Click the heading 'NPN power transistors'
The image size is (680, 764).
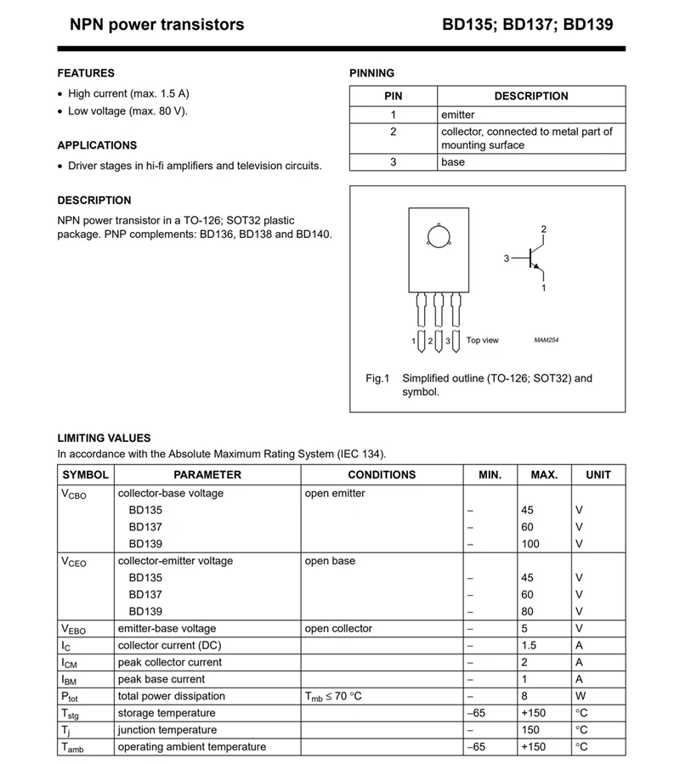tap(156, 25)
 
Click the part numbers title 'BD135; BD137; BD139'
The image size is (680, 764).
tap(527, 25)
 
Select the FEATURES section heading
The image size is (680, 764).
tap(86, 73)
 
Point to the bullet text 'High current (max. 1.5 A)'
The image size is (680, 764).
tap(128, 93)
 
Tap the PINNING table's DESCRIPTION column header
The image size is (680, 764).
tap(530, 96)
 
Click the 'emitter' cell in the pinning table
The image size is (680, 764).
tap(458, 115)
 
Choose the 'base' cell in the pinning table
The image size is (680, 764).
tap(453, 161)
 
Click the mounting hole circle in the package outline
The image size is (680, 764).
tap(436, 238)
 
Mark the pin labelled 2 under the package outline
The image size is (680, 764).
tap(431, 341)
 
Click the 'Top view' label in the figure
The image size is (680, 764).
tap(483, 341)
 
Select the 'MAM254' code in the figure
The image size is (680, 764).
tap(547, 341)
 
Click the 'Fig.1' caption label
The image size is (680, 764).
tap(377, 378)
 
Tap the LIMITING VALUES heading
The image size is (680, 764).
tap(104, 438)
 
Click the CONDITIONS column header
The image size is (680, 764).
tap(382, 475)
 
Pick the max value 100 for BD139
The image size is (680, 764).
tap(530, 544)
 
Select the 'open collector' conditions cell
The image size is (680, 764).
tap(338, 629)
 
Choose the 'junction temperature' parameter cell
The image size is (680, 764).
tap(167, 730)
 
